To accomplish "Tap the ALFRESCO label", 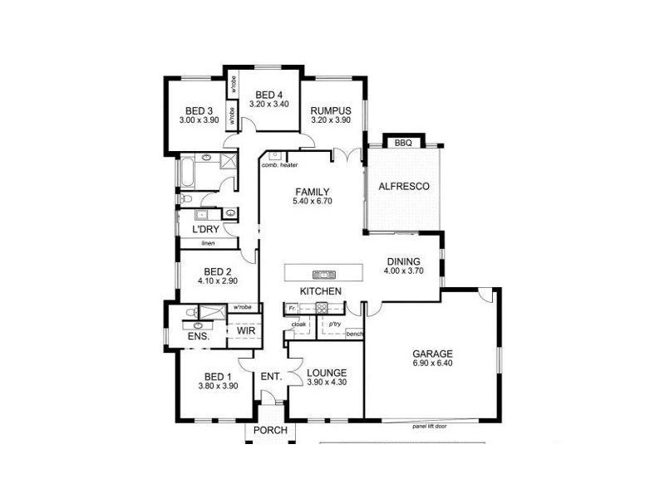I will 403,187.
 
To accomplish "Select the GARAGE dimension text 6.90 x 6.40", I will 432,364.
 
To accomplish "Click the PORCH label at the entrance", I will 270,431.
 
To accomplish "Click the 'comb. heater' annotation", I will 279,165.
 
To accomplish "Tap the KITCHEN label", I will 320,291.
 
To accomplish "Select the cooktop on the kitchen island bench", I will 323,274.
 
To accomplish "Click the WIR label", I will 246,330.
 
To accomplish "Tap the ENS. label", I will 198,337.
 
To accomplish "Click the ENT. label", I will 271,377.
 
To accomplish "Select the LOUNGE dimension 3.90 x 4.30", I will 326,383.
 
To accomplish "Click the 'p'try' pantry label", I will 335,324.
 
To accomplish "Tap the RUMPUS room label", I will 331,110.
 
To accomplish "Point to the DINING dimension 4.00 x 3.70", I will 403,271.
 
